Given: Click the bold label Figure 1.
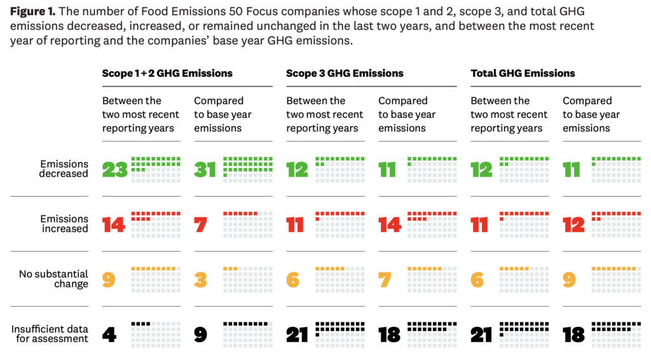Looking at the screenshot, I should click(x=32, y=11).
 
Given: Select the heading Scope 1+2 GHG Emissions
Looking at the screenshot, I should click(x=167, y=73).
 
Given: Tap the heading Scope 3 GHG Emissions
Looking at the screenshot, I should click(x=345, y=73).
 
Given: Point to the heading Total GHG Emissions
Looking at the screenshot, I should click(x=523, y=73).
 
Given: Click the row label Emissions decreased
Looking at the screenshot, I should click(x=63, y=169).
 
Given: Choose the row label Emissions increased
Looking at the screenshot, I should click(x=64, y=224).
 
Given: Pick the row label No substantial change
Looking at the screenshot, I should click(x=53, y=279).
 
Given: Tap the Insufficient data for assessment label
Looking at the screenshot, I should click(x=50, y=334).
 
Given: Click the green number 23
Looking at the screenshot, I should click(x=115, y=170).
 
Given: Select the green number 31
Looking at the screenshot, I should click(x=205, y=170).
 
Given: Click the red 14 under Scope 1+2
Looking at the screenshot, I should click(x=114, y=225).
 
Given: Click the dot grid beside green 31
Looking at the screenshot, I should click(x=248, y=170).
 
